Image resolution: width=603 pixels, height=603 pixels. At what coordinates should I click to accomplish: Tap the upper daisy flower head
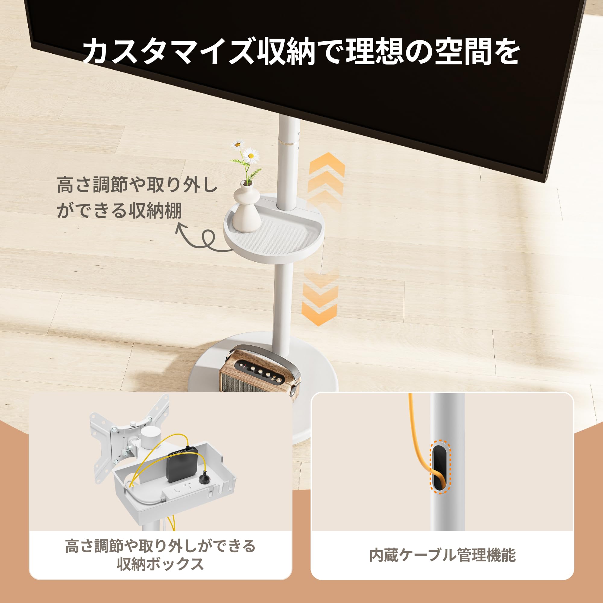pos(238,144)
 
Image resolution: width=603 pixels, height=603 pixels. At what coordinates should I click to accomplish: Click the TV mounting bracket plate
pos(106,443)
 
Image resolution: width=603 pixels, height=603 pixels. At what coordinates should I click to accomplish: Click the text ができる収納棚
pos(119,211)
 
